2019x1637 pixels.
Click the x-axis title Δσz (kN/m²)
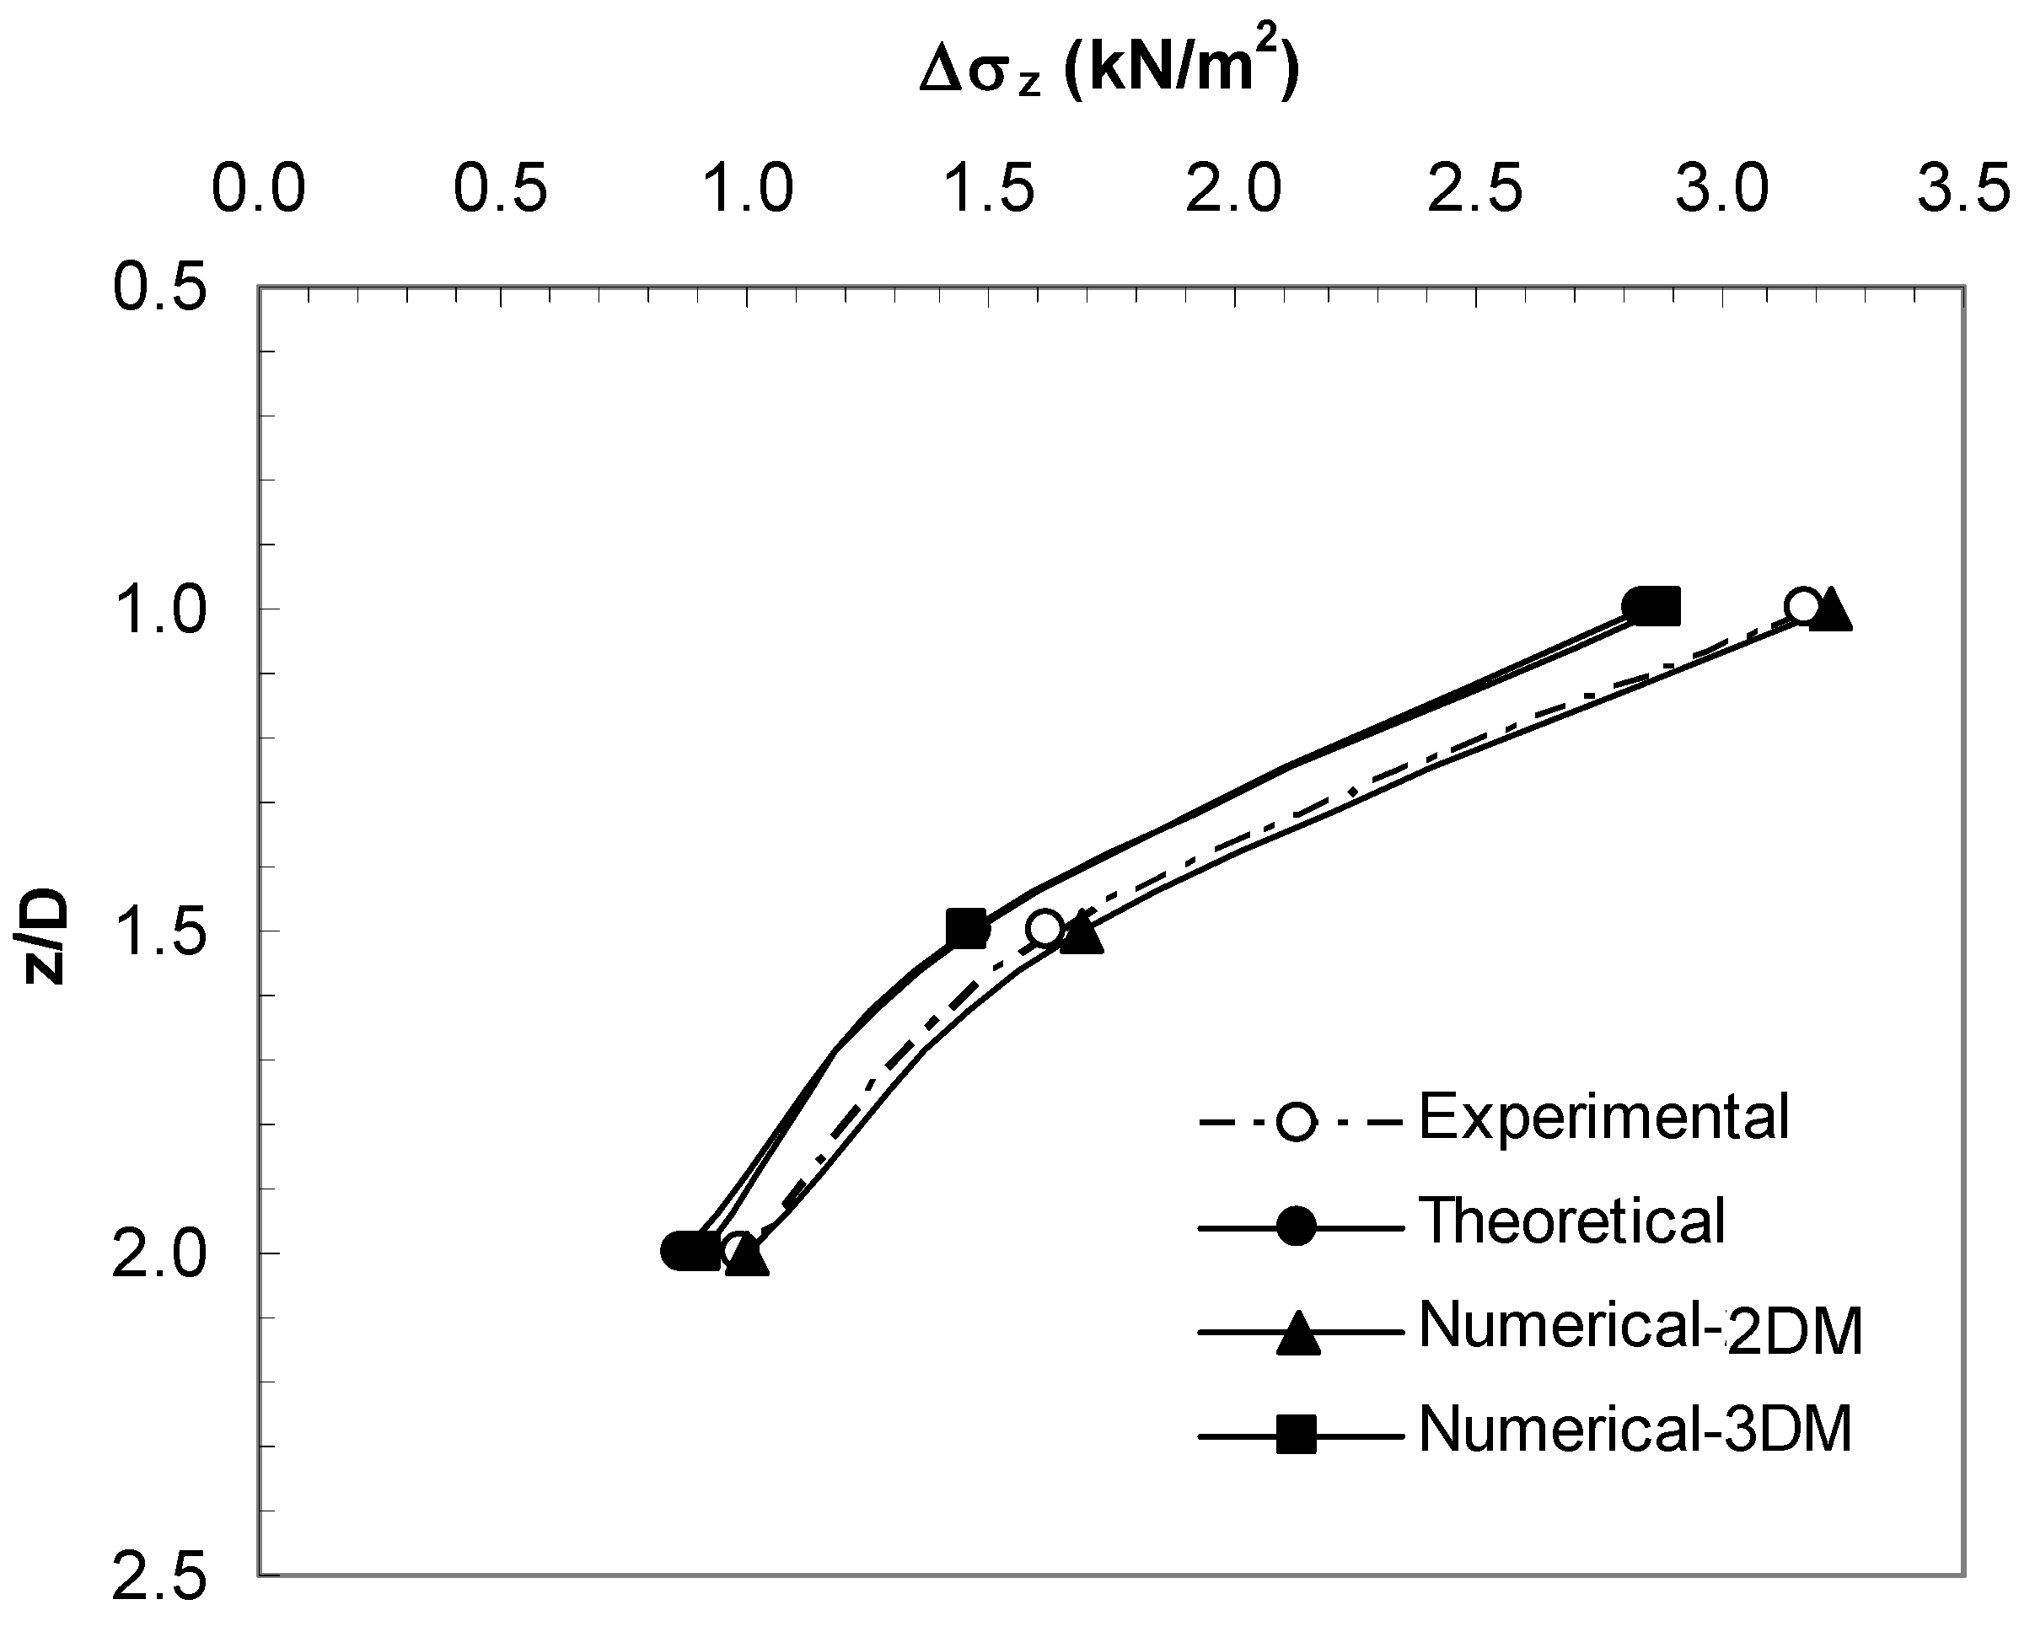click(1109, 72)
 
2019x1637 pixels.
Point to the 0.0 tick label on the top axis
click(259, 189)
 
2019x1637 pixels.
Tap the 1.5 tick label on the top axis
click(991, 189)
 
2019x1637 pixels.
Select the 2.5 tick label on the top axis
click(1477, 189)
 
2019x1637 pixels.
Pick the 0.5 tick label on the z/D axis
click(160, 287)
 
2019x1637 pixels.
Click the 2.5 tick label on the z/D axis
click(160, 1576)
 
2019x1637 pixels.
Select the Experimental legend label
click(1603, 1118)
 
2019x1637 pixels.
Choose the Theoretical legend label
click(1572, 1221)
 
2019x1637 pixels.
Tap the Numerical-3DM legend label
click(1635, 1430)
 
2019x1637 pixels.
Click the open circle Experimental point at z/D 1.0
click(1802, 605)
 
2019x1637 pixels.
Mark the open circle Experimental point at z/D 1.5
click(1044, 928)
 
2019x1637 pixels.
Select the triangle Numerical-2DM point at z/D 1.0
click(1831, 611)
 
